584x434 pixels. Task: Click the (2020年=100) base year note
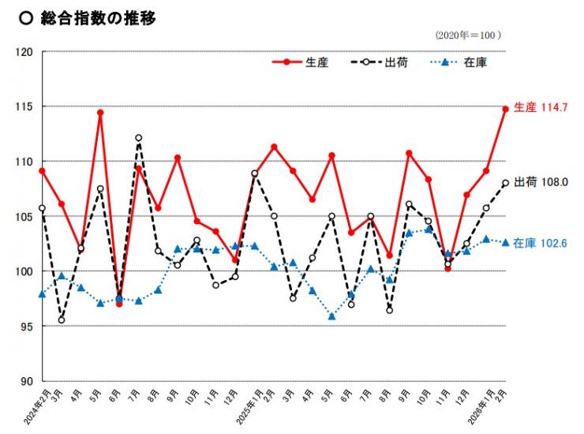tap(468, 36)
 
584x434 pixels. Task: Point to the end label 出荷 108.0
tap(541, 182)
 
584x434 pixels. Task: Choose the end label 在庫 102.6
tap(541, 243)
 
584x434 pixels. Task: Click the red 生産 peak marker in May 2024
tap(100, 113)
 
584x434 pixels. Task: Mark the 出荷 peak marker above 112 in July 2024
tap(139, 138)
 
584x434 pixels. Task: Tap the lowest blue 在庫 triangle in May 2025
tap(331, 316)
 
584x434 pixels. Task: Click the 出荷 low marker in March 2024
tap(62, 320)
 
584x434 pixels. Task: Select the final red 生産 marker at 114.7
tap(505, 110)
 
